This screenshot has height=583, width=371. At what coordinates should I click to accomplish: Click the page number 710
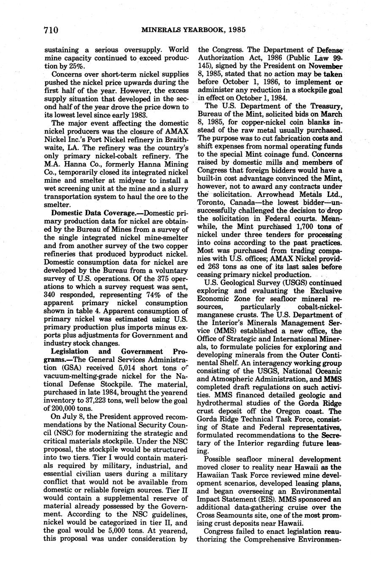tap(50, 30)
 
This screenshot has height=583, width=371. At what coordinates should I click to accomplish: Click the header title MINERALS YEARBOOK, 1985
tap(194, 30)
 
